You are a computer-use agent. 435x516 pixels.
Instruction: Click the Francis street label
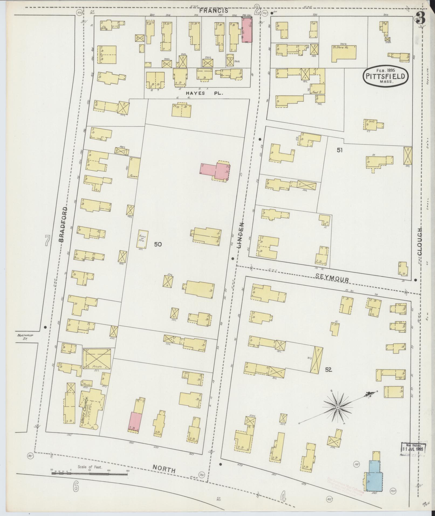click(x=215, y=11)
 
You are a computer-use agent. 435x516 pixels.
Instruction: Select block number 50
click(x=158, y=244)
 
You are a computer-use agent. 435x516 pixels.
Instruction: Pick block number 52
click(x=328, y=370)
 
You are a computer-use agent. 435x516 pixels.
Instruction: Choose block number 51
click(x=340, y=150)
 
